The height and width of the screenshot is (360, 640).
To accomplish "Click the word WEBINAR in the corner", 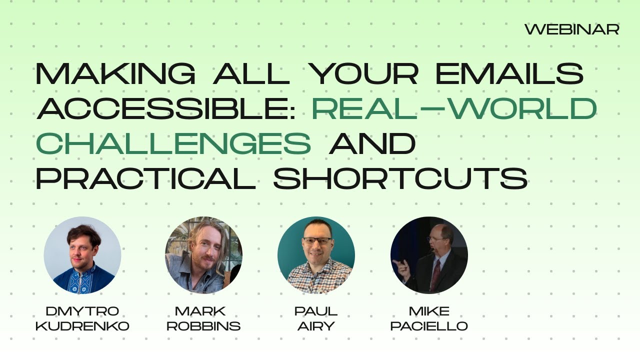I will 571,29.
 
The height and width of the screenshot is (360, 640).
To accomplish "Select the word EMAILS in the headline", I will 509,74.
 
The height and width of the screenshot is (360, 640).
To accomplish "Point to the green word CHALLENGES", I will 173,143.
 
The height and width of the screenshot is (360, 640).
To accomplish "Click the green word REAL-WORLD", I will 454,108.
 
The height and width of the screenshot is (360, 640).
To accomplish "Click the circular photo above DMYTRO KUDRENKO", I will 82,255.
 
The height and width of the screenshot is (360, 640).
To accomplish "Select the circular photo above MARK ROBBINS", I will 203,255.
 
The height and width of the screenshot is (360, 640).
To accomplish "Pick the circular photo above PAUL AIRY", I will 316,255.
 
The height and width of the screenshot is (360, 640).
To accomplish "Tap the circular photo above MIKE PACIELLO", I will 429,255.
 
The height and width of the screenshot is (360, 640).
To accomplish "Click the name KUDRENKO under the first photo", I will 82,326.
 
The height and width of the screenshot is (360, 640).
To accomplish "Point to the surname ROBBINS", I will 203,326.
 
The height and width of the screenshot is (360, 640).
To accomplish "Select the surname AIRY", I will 316,326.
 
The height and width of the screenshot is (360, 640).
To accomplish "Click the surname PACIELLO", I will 429,326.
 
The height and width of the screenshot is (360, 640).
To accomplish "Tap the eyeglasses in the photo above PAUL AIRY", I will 317,241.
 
